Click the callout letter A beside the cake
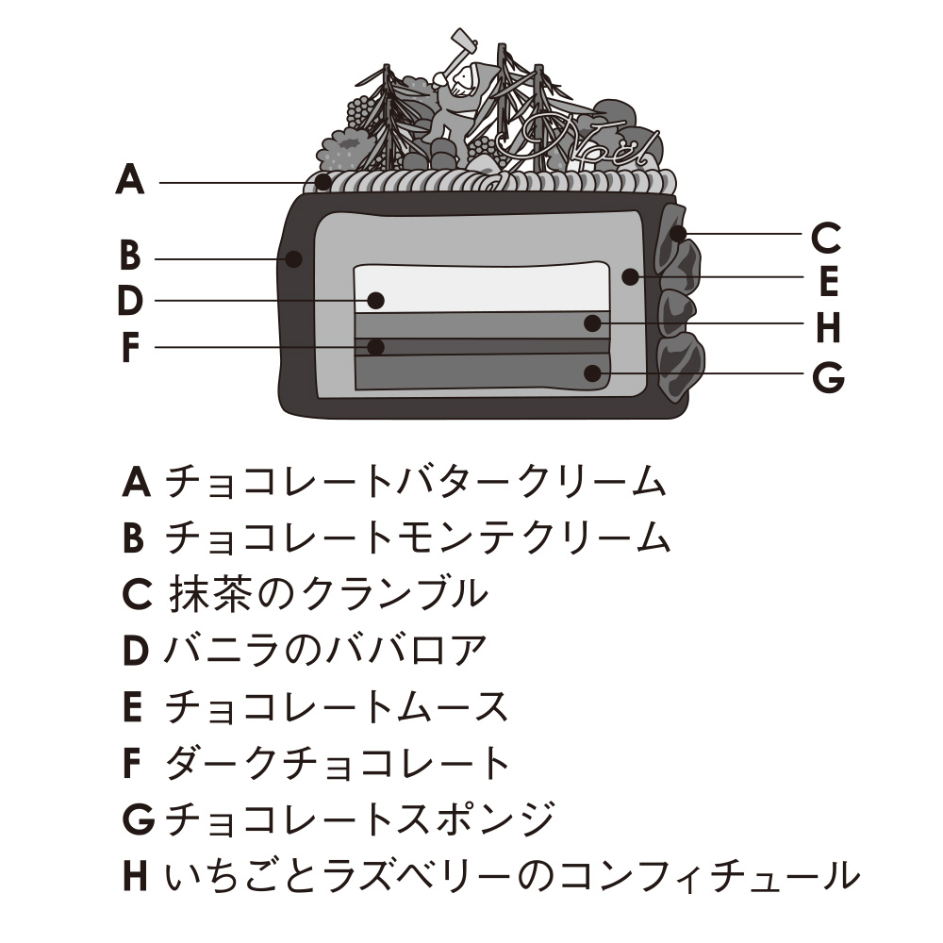(x=130, y=179)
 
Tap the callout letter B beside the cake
(x=130, y=256)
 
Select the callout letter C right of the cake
(x=825, y=239)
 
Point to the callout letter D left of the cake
(x=130, y=302)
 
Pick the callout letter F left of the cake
(x=130, y=348)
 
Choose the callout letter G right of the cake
(x=827, y=378)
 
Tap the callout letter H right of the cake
(x=827, y=329)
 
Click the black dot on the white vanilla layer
(x=376, y=300)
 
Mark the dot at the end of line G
(x=592, y=372)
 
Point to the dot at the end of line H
(x=592, y=323)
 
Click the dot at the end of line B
(x=295, y=256)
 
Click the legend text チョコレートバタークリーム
(x=416, y=482)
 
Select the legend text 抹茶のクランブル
(x=329, y=593)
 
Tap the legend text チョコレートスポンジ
(x=359, y=819)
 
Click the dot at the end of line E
(x=630, y=276)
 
